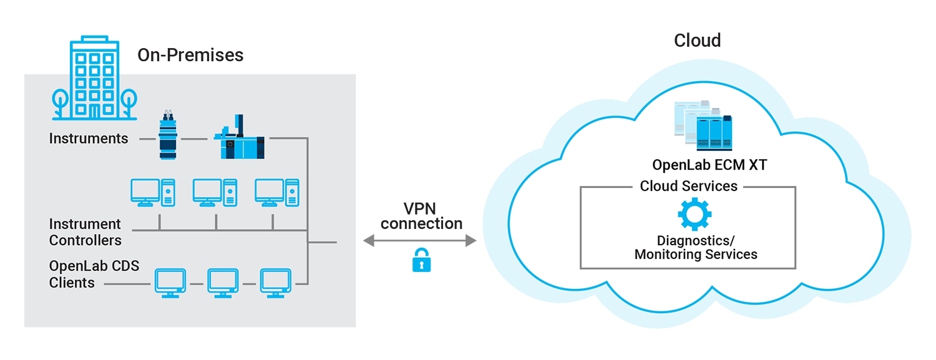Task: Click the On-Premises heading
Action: coord(190,55)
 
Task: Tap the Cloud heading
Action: coord(697,41)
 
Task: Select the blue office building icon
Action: coord(94,81)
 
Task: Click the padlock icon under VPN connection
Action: coord(422,260)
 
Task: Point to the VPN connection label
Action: coord(422,216)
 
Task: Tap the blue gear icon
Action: coord(695,215)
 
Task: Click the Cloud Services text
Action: coord(688,186)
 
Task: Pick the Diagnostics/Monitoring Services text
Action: coord(695,248)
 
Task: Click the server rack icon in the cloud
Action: coord(703,126)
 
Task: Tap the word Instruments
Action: coord(89,139)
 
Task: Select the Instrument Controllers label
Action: coord(85,231)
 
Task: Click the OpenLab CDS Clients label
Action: coord(94,275)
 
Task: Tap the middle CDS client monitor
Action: coord(223,283)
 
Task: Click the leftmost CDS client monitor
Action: coord(170,283)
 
